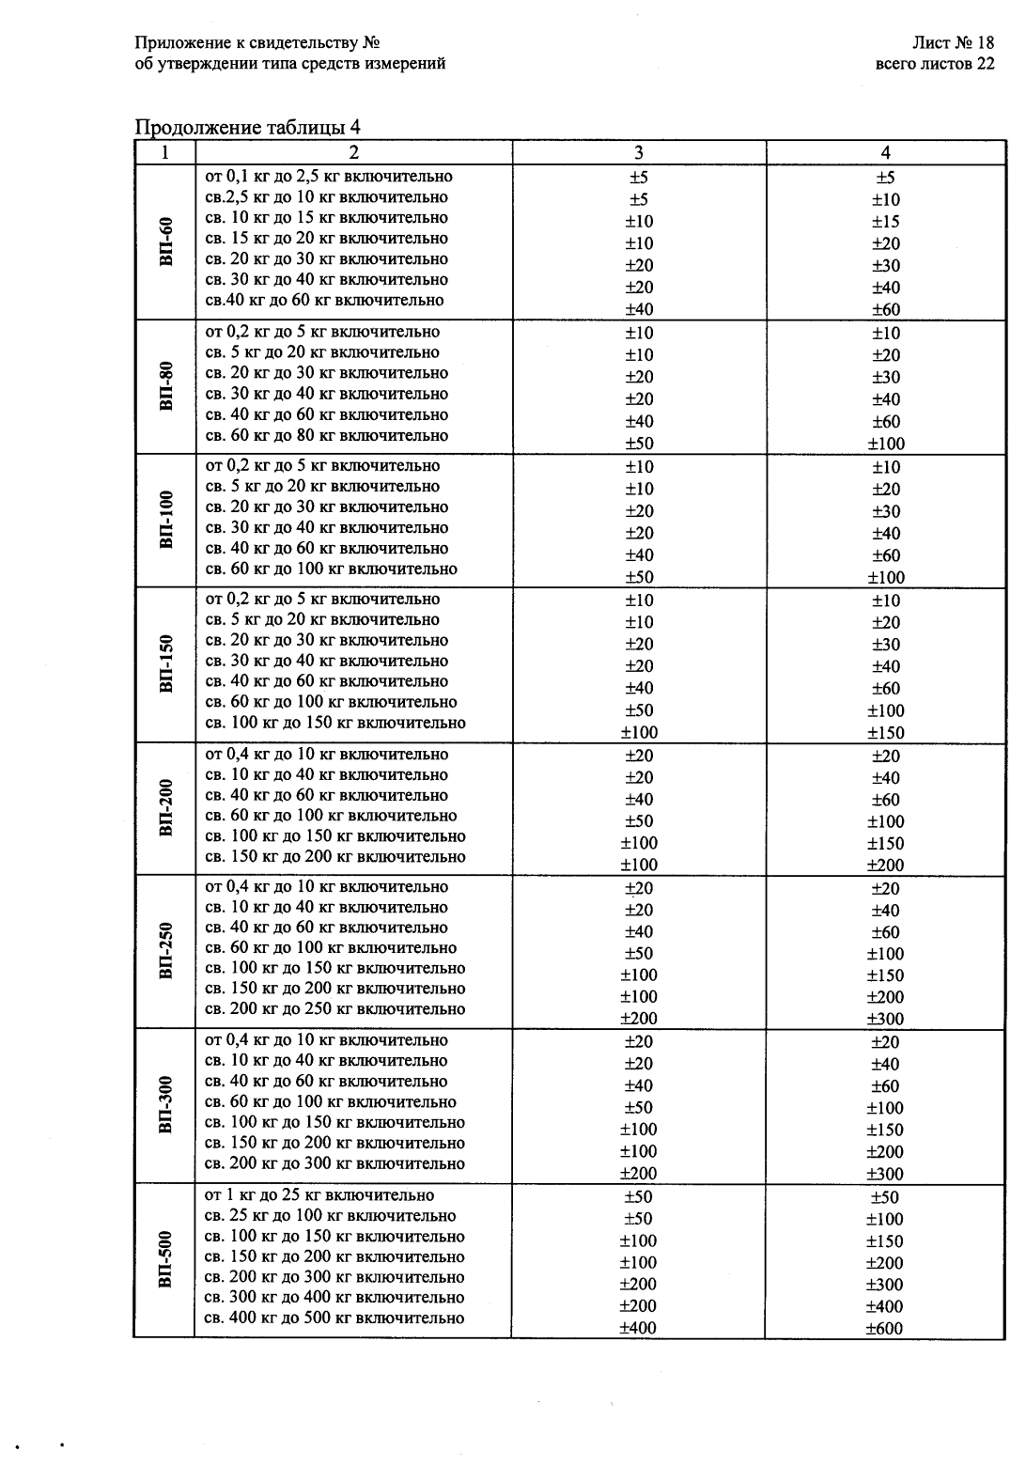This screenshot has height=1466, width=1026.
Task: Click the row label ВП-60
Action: click(166, 242)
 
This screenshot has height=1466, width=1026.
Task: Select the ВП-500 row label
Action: click(166, 1259)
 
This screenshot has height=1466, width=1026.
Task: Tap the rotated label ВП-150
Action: click(166, 664)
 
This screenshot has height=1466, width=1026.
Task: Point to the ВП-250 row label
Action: click(166, 951)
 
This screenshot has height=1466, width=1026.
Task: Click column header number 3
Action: click(639, 153)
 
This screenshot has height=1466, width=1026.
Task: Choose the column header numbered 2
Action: click(353, 153)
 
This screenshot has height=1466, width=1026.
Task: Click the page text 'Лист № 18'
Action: click(953, 43)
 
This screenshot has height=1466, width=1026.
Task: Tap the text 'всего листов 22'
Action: click(934, 64)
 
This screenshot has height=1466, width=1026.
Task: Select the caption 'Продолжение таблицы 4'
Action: click(248, 128)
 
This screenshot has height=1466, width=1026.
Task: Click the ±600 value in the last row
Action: click(884, 1328)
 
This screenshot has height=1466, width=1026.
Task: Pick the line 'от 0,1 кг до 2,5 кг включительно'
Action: click(328, 177)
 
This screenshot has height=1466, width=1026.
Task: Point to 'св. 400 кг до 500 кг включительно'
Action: click(334, 1318)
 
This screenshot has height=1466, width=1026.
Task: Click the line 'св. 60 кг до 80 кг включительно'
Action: click(326, 435)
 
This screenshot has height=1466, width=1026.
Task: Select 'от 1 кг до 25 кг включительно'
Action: click(319, 1195)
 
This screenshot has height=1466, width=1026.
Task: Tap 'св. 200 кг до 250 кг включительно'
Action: click(334, 1009)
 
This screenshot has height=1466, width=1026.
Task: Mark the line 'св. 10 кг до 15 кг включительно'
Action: click(326, 218)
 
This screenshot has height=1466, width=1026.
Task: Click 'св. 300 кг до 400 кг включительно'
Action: click(334, 1298)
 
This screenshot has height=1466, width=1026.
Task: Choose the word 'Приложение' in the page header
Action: click(176, 43)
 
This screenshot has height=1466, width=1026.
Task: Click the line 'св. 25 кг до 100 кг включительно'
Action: click(330, 1216)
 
